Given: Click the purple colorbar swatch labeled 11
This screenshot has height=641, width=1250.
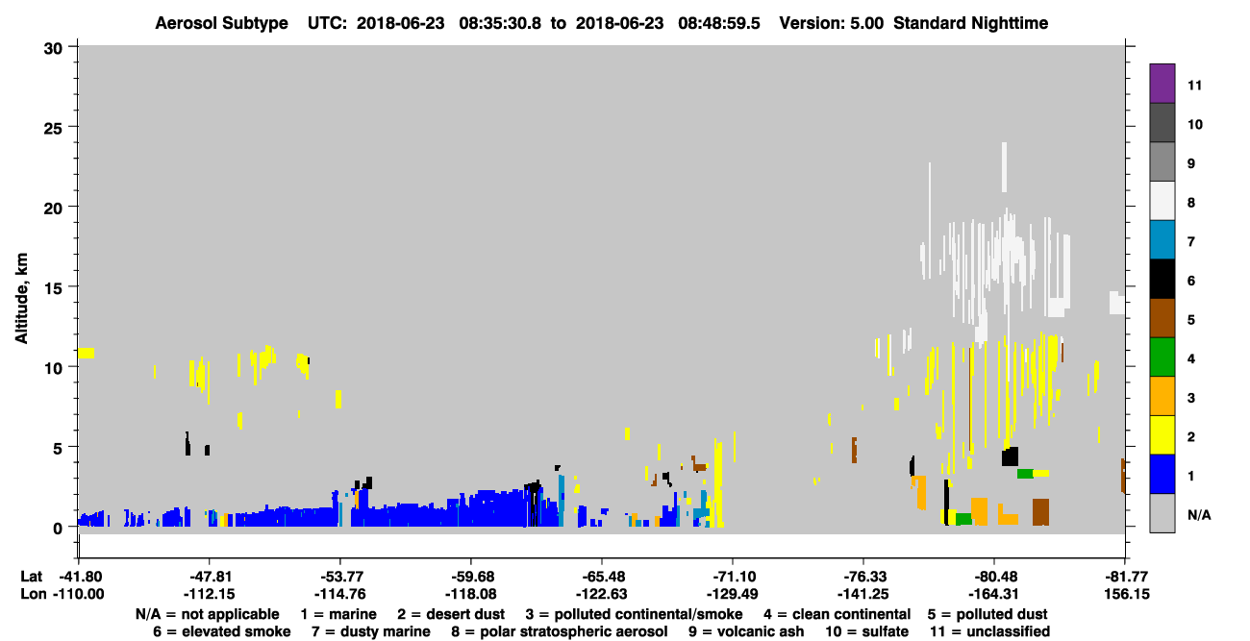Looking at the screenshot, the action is coord(1162,83).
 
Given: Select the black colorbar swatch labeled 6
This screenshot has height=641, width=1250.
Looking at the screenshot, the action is coord(1162,279).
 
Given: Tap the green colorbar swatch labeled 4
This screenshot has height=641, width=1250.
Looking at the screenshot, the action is coord(1162,357).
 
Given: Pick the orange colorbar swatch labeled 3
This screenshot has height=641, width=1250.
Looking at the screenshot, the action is coord(1162,396).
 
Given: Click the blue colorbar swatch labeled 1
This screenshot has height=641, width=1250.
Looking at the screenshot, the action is coord(1162,474).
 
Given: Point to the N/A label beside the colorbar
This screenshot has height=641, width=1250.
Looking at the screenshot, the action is coord(1199,515).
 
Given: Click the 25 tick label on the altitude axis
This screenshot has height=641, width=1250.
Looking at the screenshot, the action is coord(53,129).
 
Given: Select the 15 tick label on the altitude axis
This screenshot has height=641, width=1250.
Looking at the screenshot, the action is coord(53,288).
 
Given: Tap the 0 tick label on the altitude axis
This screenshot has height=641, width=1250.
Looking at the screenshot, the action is coord(58,529).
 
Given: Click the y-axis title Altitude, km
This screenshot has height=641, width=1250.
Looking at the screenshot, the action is coord(21,298).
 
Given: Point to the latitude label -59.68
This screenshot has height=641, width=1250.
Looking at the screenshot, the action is coord(471,577).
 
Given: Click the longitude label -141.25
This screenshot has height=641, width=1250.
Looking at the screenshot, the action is coord(863,594).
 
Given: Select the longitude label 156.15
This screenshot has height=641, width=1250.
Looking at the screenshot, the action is coord(1127,594).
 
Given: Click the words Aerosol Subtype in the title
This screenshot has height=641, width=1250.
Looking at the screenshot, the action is coord(221,23).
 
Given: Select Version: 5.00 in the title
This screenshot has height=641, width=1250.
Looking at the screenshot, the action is coord(832,23).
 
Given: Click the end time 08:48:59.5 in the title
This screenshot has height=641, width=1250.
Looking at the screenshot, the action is coord(719,23).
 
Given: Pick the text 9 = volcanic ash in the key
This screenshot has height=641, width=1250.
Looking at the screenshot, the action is coord(746,631).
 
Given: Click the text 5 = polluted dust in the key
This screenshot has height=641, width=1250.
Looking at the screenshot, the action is coord(987,614).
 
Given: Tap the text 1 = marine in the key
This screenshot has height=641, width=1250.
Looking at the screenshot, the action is coord(338,614).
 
